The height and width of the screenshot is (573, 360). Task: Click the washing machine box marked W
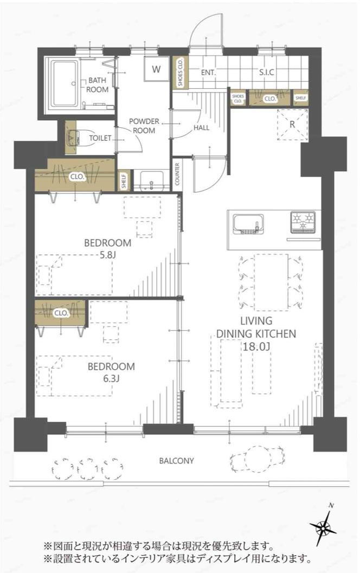pyautogui.click(x=156, y=69)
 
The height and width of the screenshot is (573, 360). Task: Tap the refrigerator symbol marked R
pyautogui.click(x=292, y=124)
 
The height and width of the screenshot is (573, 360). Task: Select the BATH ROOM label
pyautogui.click(x=97, y=85)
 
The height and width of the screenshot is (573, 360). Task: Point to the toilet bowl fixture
pyautogui.click(x=72, y=137)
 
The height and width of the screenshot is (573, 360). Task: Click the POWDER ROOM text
pyautogui.click(x=144, y=126)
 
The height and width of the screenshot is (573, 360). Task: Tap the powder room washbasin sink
pyautogui.click(x=151, y=179)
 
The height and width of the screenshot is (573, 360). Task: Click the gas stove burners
pyautogui.click(x=303, y=222)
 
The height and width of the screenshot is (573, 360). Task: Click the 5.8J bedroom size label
pyautogui.click(x=107, y=255)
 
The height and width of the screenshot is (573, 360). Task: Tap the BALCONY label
pyautogui.click(x=176, y=461)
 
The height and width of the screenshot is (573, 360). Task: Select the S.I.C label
pyautogui.click(x=267, y=72)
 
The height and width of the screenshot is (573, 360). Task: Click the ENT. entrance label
pyautogui.click(x=208, y=72)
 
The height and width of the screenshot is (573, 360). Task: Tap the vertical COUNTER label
pyautogui.click(x=177, y=174)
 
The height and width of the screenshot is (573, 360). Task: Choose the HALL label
pyautogui.click(x=201, y=127)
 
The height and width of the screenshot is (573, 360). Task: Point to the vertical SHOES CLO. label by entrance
pyautogui.click(x=180, y=72)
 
